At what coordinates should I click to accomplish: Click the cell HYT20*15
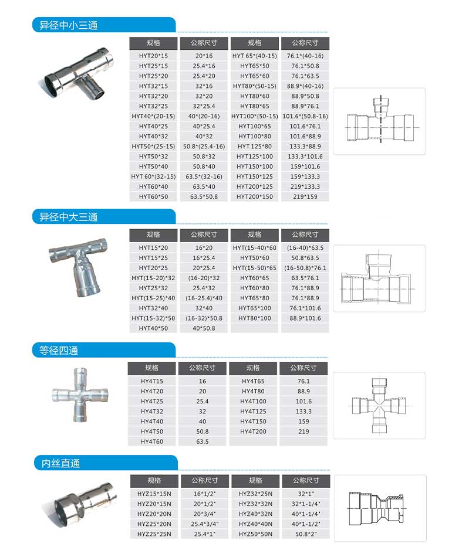tap(153, 56)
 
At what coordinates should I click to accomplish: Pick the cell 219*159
tap(305, 196)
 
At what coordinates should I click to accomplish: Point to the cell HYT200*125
tap(255, 186)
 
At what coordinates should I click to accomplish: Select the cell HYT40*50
tap(153, 328)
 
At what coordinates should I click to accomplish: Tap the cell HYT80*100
tap(255, 318)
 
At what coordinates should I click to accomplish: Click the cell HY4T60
tap(152, 441)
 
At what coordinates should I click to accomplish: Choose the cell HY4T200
tap(254, 432)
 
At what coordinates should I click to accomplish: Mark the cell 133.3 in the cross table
tap(303, 412)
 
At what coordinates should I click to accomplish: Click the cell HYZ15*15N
tap(154, 494)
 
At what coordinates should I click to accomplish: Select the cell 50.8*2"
tap(305, 534)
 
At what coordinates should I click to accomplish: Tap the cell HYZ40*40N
tap(255, 524)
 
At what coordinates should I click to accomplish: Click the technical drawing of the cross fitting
tap(379, 405)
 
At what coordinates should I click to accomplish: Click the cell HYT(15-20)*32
tap(153, 278)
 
